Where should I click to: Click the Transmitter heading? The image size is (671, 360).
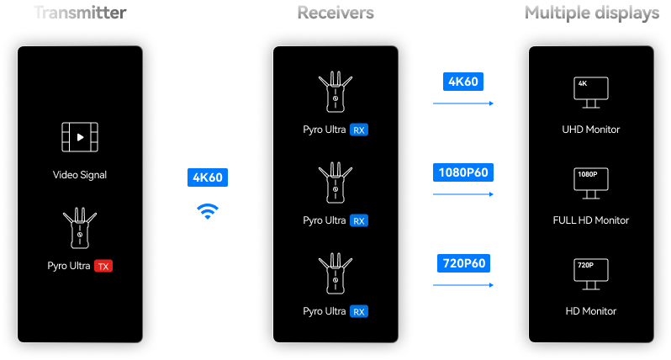[x=80, y=13]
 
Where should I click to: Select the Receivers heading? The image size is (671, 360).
[x=335, y=13]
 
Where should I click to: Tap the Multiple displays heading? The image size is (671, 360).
[x=592, y=13]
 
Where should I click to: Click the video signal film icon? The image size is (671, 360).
[x=80, y=137]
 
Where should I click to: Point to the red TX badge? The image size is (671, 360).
[x=103, y=267]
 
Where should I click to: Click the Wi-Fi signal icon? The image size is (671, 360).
[x=208, y=211]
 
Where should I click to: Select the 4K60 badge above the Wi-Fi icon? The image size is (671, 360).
[x=208, y=177]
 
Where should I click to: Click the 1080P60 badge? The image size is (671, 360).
[x=463, y=172]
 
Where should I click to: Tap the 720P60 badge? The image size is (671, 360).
[x=463, y=263]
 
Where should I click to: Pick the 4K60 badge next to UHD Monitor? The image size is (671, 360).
[x=463, y=82]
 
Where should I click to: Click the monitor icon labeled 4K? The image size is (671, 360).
[x=590, y=93]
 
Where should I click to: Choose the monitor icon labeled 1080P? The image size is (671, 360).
[x=590, y=183]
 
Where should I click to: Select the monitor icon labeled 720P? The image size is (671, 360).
[x=590, y=274]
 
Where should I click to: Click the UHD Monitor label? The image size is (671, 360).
[x=590, y=130]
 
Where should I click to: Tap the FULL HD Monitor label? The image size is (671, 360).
[x=590, y=220]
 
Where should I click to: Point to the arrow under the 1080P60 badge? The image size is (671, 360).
[x=463, y=194]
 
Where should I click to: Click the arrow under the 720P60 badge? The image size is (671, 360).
[x=463, y=285]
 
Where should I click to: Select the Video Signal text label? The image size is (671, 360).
[x=80, y=175]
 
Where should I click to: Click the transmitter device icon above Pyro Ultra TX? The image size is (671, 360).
[x=80, y=228]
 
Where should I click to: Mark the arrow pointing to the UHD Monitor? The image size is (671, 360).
[x=463, y=103]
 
